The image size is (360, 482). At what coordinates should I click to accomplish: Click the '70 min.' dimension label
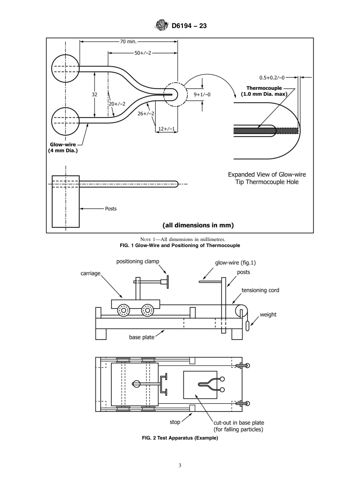[128, 42]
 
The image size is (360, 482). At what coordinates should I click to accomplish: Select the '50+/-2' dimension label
[143, 53]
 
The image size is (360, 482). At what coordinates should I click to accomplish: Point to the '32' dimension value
[94, 95]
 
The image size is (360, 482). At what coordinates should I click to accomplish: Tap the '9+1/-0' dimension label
[202, 95]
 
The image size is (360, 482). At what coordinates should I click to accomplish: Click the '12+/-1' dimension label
[166, 128]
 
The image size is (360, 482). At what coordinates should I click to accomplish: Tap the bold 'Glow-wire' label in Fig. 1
[64, 144]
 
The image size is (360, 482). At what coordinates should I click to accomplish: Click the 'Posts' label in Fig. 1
[111, 208]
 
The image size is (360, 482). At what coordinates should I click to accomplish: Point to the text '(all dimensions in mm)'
[198, 225]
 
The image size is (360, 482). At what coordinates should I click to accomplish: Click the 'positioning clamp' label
[138, 261]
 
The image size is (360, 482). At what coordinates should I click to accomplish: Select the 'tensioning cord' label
[260, 290]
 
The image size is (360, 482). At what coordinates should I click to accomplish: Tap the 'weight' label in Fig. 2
[268, 315]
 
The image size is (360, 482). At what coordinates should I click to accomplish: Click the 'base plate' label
[142, 337]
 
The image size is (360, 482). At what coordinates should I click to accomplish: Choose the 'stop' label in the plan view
[175, 421]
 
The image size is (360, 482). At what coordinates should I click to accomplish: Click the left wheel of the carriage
[124, 310]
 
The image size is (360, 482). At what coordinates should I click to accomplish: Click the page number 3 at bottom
[180, 465]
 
